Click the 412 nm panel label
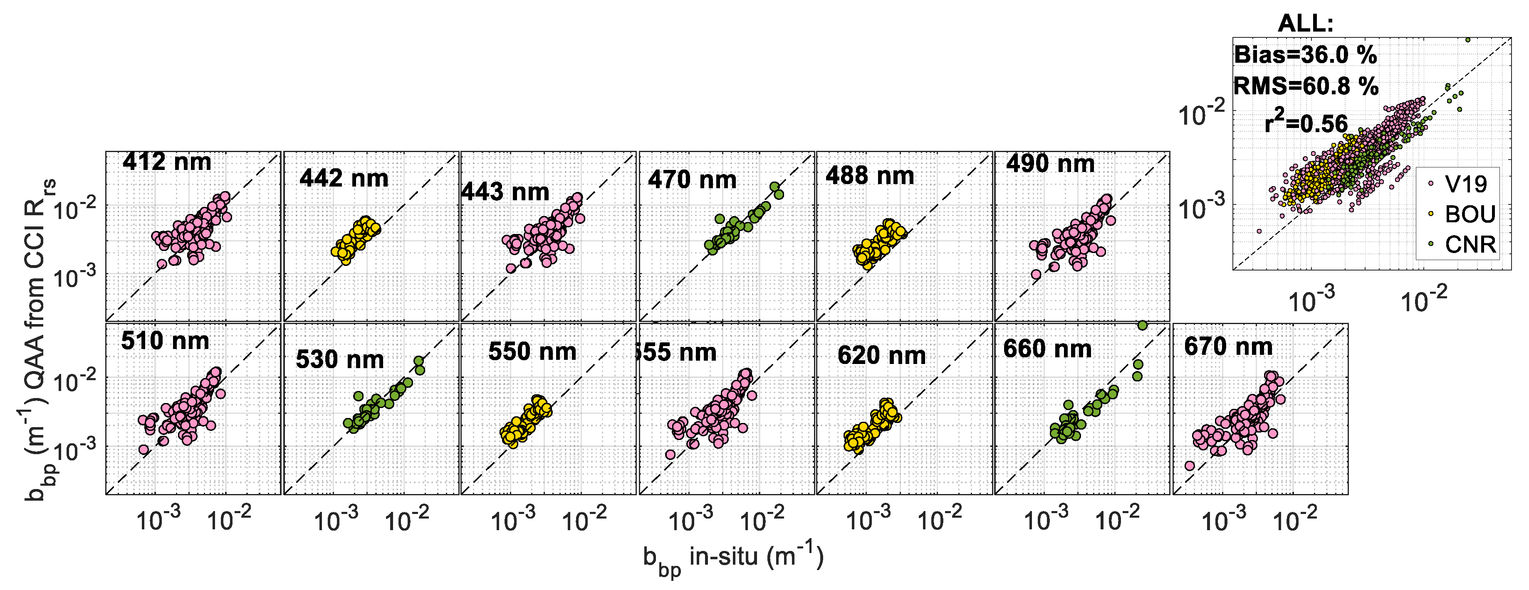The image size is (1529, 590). (167, 162)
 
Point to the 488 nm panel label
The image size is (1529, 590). (870, 176)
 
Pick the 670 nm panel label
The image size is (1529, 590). (1228, 347)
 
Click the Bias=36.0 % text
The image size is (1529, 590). (1305, 55)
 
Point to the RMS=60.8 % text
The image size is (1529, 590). (1306, 86)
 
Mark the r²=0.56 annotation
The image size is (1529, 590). (1306, 123)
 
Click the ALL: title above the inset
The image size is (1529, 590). (1305, 24)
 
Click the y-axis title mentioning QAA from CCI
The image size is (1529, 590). (39, 338)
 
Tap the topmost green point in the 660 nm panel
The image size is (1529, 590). (1142, 325)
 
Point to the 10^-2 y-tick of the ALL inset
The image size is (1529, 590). (1201, 114)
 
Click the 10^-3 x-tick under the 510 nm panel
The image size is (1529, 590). (158, 520)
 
